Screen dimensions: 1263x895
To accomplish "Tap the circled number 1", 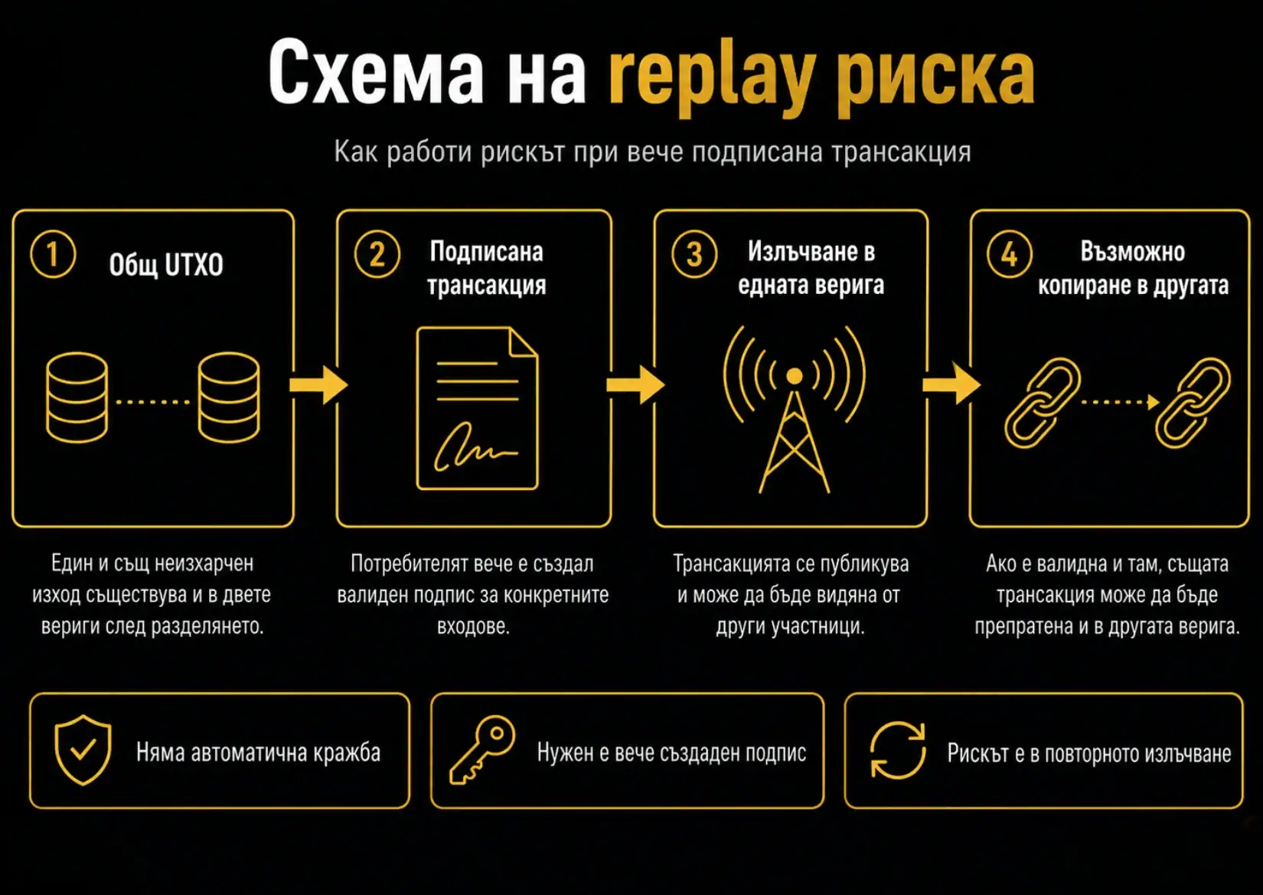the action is click(x=53, y=254).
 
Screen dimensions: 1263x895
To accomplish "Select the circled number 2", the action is click(x=377, y=254).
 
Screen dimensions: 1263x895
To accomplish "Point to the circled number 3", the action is click(x=694, y=254).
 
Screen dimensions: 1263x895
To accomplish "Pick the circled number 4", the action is click(x=1010, y=254).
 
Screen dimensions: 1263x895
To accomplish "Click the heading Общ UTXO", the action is click(x=166, y=265).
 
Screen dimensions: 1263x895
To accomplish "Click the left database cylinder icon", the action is click(x=77, y=397).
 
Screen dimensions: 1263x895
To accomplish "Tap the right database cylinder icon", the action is click(x=229, y=397).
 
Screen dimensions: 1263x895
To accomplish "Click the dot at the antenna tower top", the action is click(x=794, y=376).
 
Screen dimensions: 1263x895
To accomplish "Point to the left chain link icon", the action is click(x=1043, y=403).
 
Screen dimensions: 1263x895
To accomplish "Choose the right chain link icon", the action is click(x=1193, y=403).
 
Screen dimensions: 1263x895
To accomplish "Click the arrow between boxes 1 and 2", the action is click(x=318, y=385).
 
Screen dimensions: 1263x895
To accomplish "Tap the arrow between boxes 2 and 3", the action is click(x=635, y=385).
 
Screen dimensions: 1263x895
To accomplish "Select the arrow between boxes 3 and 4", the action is click(x=951, y=384).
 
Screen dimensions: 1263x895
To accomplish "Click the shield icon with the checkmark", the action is click(x=83, y=750).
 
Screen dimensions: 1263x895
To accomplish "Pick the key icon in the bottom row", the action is click(x=482, y=750).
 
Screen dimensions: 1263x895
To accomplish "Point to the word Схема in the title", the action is click(x=376, y=72).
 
